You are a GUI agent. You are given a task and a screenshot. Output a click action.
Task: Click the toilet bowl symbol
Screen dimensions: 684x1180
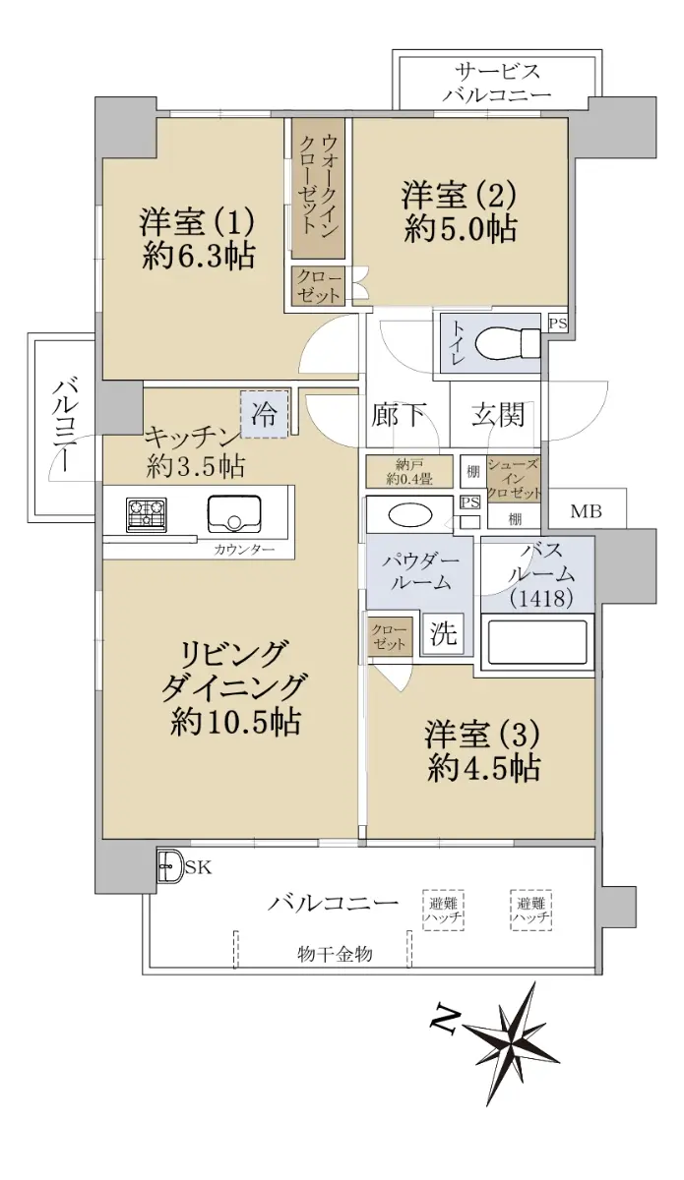(x=507, y=343)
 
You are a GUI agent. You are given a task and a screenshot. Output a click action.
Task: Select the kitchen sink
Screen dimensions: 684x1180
(x=234, y=513)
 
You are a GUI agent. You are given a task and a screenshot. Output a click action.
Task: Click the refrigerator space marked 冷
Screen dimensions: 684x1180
(x=265, y=414)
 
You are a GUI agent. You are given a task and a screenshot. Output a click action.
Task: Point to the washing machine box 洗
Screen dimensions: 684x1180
(x=443, y=632)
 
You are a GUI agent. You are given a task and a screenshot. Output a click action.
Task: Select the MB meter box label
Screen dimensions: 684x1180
(x=587, y=510)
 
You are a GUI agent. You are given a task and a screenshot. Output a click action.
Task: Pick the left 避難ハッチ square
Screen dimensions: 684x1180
(x=443, y=910)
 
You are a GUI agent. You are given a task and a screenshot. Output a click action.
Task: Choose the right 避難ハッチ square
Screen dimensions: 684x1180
(x=531, y=910)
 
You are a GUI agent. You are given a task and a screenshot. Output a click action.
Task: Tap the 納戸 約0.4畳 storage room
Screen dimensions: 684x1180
(x=409, y=471)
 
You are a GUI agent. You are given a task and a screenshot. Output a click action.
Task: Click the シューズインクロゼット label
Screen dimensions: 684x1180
(x=514, y=479)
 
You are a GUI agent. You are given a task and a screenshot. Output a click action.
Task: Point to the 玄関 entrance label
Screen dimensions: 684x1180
(x=498, y=416)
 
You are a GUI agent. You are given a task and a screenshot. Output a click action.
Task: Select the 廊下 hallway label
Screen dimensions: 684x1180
(x=399, y=416)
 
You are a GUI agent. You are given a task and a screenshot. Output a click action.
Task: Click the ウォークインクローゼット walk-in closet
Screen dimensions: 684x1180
(x=319, y=188)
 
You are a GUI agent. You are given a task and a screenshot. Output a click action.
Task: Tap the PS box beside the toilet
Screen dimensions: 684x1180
(x=558, y=323)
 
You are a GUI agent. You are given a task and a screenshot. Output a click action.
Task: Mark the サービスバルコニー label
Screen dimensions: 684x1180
(x=497, y=83)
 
